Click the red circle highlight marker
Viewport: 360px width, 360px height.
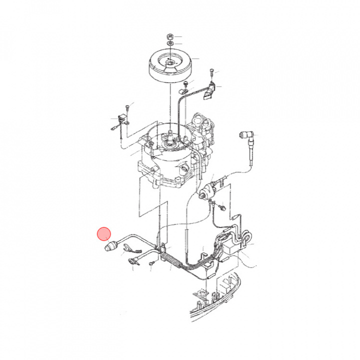tap(103, 233)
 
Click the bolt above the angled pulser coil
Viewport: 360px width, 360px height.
tap(212, 69)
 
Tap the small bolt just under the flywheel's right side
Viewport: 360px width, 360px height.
tap(186, 83)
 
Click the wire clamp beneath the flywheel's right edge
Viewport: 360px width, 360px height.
tap(183, 92)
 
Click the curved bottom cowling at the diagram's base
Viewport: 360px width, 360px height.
tap(220, 300)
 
